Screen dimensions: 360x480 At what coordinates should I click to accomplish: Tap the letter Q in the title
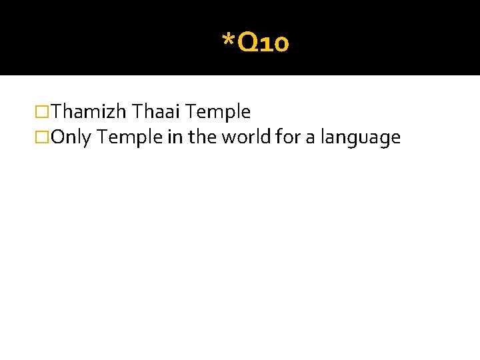[x=245, y=44]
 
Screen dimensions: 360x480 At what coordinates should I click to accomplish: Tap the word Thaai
[x=153, y=112]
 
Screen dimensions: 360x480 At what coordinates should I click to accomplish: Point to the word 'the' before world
[x=199, y=137]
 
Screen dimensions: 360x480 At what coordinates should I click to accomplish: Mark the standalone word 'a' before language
[x=309, y=139]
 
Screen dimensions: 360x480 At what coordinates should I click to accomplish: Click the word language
[x=360, y=139]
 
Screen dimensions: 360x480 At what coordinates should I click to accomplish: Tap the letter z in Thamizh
[x=113, y=113]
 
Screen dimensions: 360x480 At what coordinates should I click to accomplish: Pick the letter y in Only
[x=87, y=140]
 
